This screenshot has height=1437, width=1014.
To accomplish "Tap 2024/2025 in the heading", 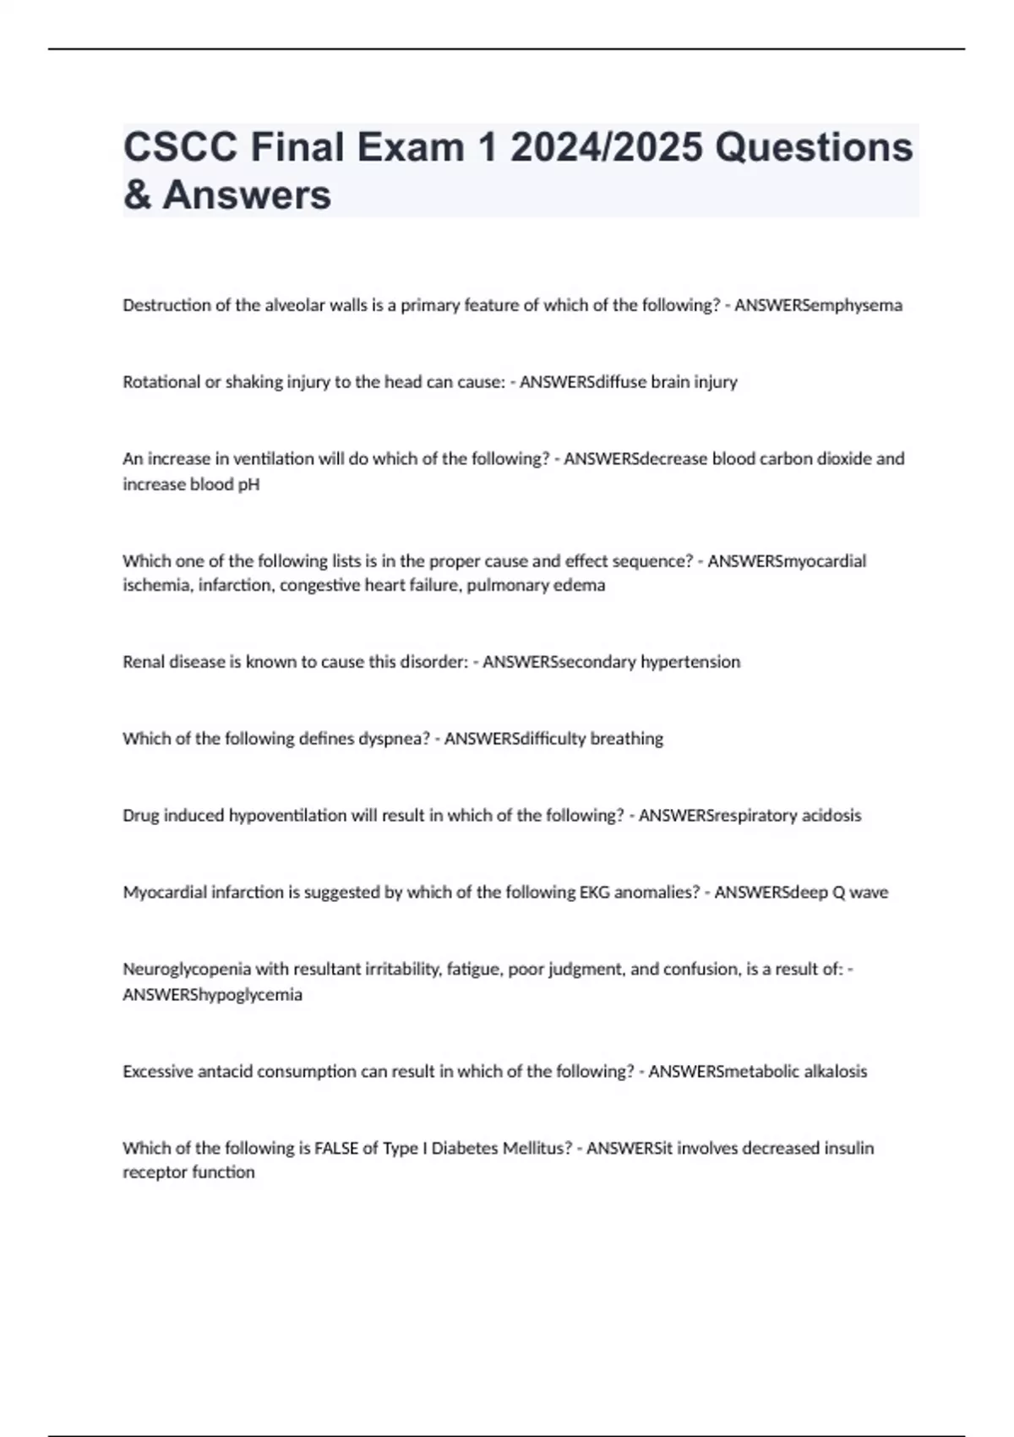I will pos(606,148).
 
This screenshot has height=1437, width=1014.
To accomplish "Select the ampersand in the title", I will pos(137,195).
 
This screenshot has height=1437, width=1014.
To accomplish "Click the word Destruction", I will pos(166,305).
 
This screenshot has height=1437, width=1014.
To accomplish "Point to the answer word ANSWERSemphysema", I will pos(818,305).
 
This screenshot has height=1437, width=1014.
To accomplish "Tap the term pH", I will pos(248,484).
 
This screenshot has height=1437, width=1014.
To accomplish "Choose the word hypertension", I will pos(690,662).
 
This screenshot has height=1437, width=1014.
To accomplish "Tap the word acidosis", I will pos(831,816).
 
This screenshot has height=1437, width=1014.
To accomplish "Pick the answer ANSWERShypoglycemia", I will pos(212,995).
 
